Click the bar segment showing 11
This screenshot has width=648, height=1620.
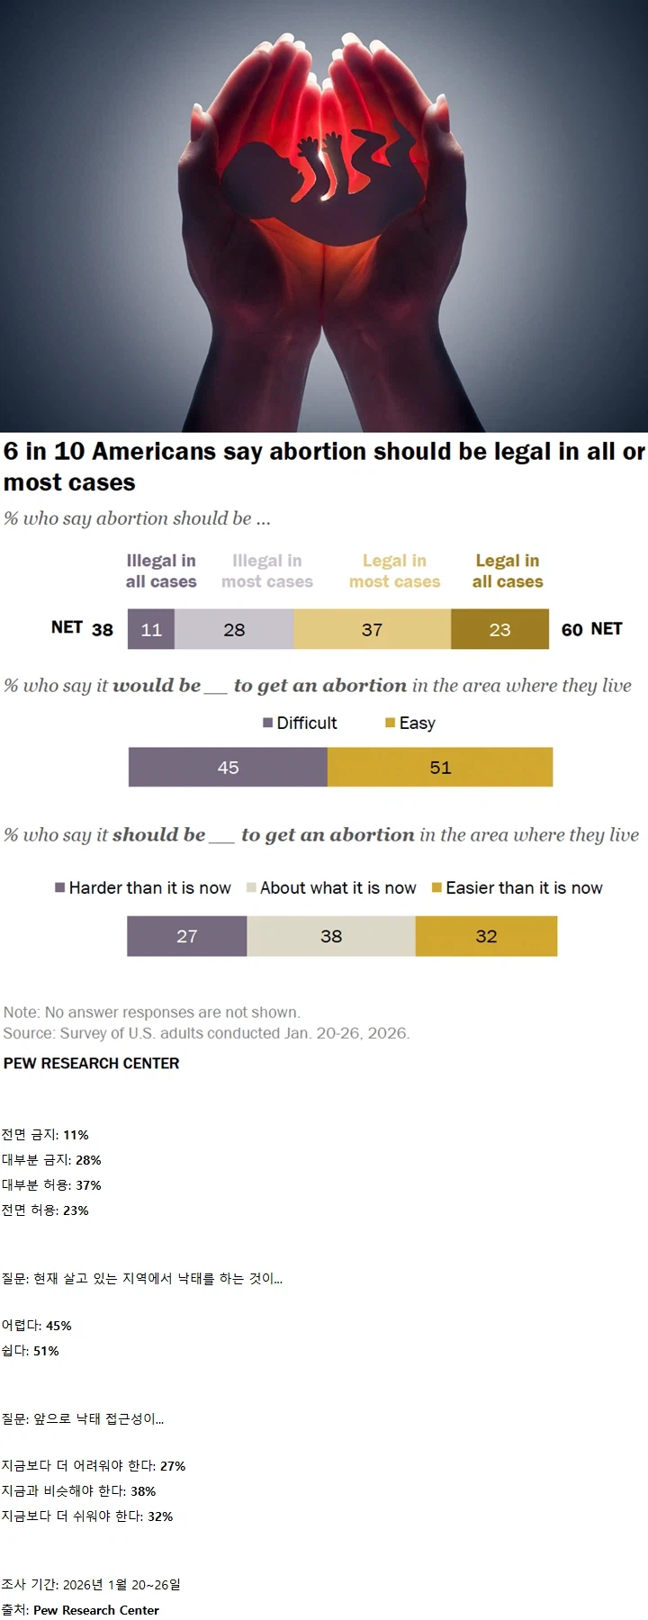tap(151, 629)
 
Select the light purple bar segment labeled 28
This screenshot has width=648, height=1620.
tap(234, 629)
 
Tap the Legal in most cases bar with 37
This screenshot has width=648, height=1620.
tap(372, 629)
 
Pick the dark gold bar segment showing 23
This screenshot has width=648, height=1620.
tap(499, 629)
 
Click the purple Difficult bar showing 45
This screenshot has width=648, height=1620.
tap(228, 768)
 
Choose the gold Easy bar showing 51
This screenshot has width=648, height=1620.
tap(440, 768)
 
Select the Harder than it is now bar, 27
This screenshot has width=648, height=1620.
tap(186, 936)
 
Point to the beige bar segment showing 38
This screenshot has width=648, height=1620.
tap(331, 936)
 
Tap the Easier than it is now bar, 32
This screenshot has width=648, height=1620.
tap(486, 936)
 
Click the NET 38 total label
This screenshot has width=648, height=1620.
tap(82, 628)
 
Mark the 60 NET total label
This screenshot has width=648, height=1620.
tap(591, 629)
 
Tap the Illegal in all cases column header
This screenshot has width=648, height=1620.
tap(161, 571)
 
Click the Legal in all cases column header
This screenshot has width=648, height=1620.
tap(508, 571)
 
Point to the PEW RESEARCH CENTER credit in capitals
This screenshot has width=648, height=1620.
tap(92, 1063)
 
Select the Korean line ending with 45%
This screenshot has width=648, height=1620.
tap(37, 1326)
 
